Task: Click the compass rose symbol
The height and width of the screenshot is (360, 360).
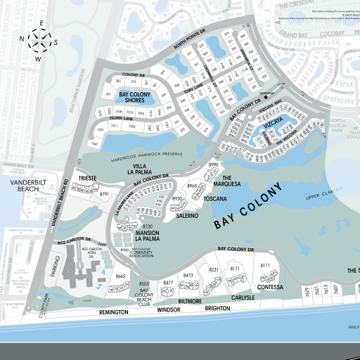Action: point(39,41)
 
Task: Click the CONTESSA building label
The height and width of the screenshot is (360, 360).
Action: point(270,287)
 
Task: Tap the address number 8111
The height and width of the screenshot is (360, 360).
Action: point(265,265)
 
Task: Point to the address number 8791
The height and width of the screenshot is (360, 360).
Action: point(105,193)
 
